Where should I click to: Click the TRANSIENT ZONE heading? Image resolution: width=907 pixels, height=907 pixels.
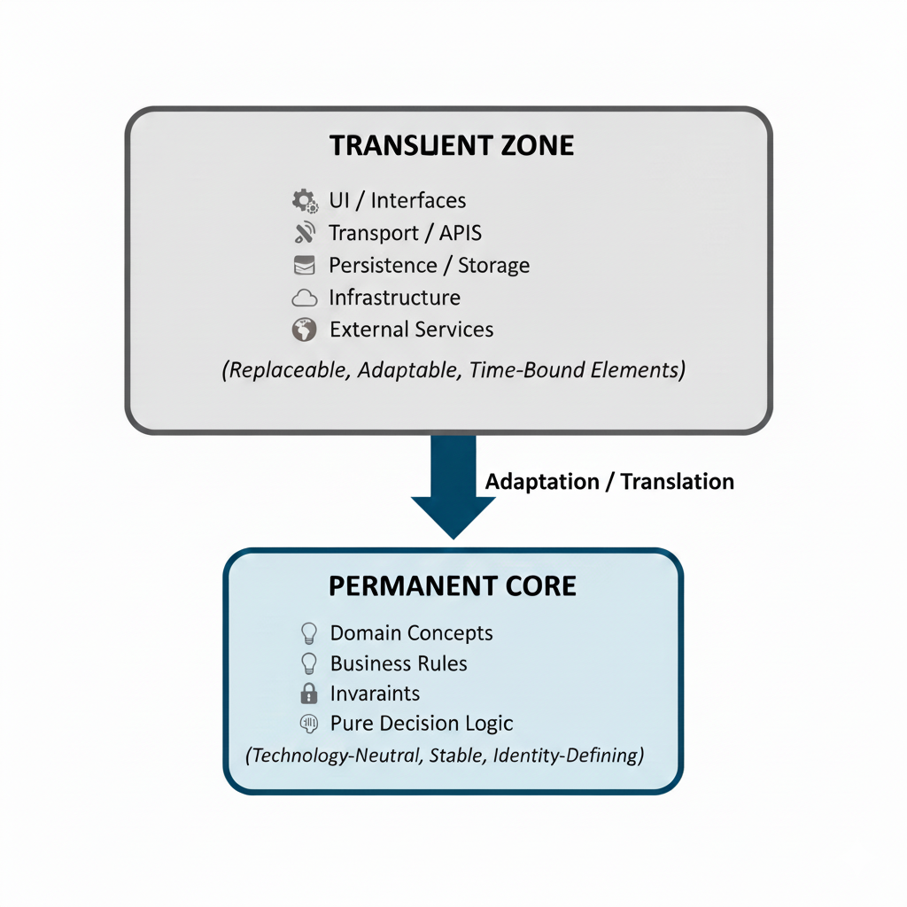452,145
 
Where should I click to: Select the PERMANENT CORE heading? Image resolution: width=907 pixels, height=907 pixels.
453,585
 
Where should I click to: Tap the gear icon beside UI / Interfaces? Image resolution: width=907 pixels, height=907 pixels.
305,200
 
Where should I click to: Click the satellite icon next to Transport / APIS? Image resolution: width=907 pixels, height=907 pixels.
305,233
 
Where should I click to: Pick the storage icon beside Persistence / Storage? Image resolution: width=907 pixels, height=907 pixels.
304,265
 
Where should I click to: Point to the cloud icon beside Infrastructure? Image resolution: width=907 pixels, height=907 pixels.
304,298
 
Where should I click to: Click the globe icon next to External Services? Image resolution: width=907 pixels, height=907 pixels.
304,329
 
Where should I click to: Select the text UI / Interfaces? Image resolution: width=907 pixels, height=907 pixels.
397,200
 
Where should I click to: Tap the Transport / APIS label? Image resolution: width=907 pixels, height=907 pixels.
406,233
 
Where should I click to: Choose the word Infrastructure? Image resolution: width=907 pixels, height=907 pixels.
394,298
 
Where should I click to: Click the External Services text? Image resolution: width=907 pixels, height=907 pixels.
411,329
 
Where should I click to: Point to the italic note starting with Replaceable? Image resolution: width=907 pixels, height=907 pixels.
453,369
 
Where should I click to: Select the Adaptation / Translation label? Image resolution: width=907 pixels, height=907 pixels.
609,482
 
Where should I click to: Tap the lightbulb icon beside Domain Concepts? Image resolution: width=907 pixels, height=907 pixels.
309,632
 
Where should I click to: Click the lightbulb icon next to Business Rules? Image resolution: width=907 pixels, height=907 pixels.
309,663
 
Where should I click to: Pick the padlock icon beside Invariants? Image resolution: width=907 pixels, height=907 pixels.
309,693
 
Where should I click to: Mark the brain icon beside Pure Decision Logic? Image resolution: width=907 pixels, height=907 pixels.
309,724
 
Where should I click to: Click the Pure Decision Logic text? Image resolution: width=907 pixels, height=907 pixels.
422,723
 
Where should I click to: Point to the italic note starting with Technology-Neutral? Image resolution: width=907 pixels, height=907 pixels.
445,756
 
